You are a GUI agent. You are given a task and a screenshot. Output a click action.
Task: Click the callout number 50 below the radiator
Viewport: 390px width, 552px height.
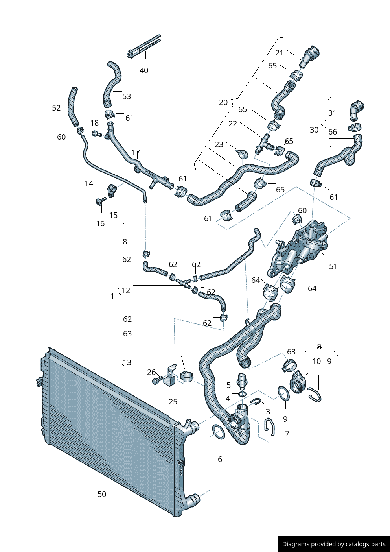coord(102,494)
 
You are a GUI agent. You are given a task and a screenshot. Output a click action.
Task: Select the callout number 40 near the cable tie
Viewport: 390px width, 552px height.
coord(144,70)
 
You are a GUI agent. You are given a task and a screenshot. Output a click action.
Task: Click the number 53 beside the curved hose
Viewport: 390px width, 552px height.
coord(127,96)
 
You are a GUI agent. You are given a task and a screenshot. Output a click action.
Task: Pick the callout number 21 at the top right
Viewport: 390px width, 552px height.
coord(279,53)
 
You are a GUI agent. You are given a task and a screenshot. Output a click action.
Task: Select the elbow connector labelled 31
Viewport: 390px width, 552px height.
coord(357,110)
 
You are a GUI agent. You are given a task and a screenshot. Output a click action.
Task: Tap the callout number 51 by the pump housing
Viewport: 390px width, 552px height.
coord(333,266)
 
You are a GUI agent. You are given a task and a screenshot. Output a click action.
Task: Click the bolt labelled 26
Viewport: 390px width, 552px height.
coord(156,381)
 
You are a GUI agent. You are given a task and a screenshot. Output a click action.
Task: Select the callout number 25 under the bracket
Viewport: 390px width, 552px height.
coord(173,402)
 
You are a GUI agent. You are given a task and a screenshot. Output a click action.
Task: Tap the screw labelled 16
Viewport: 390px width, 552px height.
coord(99,201)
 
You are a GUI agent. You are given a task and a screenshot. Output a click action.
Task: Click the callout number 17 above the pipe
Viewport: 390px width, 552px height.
coord(136,152)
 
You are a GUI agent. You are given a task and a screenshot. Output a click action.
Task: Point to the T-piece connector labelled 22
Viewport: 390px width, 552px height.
coord(263,144)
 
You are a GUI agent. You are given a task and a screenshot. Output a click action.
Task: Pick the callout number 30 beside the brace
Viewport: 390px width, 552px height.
coord(314,130)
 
